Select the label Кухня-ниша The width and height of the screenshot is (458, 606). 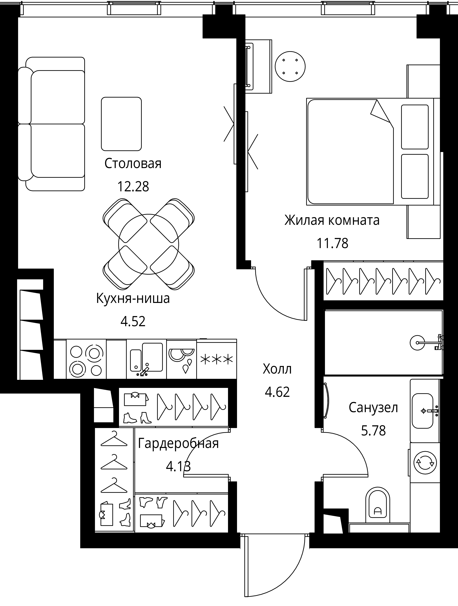[133, 298]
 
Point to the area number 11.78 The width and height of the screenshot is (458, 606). [332, 243]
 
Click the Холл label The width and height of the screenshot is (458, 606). [277, 369]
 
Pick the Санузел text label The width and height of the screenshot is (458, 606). [373, 408]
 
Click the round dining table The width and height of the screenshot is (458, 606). [149, 244]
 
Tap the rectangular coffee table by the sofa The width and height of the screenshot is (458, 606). [121, 124]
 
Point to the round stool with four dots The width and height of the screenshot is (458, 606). [290, 67]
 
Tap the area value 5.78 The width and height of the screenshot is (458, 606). [373, 431]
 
